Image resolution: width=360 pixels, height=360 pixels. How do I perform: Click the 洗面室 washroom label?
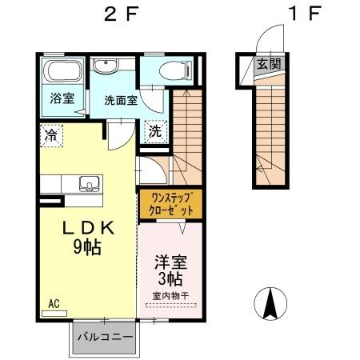(x=120, y=102)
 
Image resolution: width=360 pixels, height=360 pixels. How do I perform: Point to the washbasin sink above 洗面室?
(x=105, y=67)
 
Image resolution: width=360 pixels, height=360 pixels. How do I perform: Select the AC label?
(x=54, y=303)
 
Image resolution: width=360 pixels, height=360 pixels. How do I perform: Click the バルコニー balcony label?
(x=105, y=338)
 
